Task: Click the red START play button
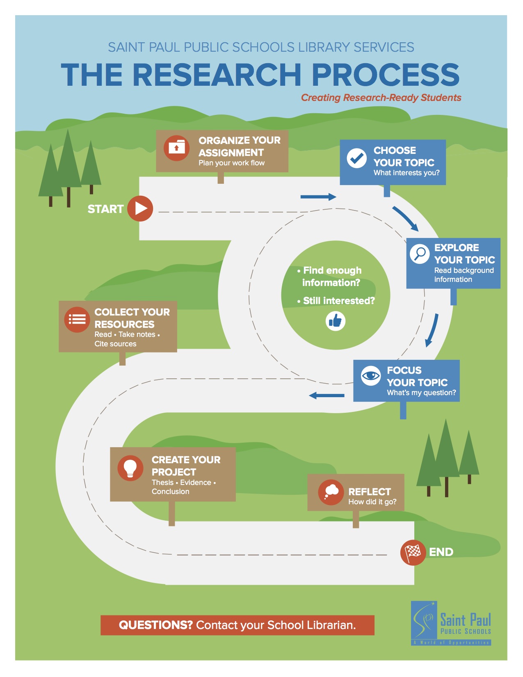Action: [x=140, y=209]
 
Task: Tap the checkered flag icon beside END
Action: [x=413, y=552]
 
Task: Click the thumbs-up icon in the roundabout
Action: [x=336, y=321]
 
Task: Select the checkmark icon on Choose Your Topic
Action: [x=356, y=158]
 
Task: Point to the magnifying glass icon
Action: [x=420, y=254]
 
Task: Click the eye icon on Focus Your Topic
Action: [x=371, y=375]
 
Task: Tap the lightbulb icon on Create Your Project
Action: [x=130, y=468]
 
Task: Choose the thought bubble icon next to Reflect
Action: [x=331, y=492]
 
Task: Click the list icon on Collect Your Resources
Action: [x=77, y=319]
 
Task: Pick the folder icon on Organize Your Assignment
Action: [x=176, y=148]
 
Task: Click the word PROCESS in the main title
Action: [x=386, y=75]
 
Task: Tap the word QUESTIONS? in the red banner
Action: [x=155, y=625]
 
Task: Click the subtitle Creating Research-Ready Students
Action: [x=381, y=98]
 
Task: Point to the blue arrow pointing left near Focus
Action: [x=327, y=396]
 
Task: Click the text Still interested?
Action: [x=339, y=301]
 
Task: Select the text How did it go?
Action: [x=372, y=502]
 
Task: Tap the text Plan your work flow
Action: [x=231, y=163]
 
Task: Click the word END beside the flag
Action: [x=441, y=552]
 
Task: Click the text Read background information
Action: [x=464, y=275]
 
